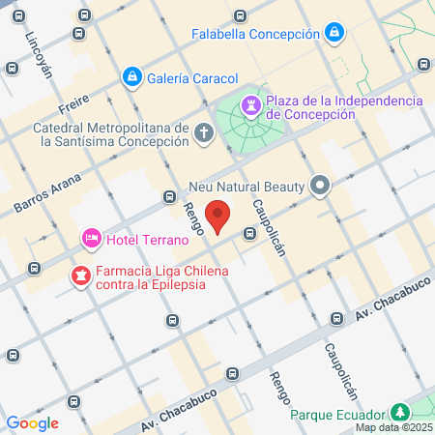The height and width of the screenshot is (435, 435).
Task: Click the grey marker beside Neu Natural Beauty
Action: point(321,185)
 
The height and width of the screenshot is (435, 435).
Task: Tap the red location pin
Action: point(218,217)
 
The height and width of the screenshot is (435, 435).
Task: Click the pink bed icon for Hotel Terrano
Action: point(91,237)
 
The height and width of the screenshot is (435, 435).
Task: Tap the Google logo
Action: point(32,422)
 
